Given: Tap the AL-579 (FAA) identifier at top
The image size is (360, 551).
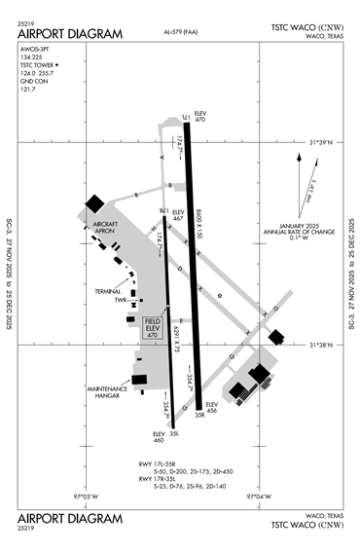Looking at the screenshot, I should [x=169, y=33].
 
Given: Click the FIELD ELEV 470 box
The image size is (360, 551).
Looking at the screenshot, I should [x=152, y=327].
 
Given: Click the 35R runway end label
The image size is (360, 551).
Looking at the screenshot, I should [x=198, y=416].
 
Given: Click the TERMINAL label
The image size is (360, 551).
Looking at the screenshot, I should [x=108, y=290].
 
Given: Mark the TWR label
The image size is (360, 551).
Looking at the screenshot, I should [x=120, y=300].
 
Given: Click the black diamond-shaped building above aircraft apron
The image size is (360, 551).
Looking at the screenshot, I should [x=95, y=202].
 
